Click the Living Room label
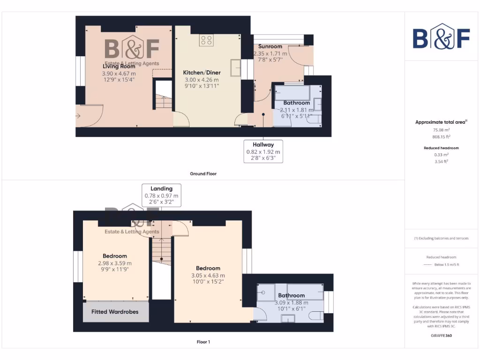point(119,67)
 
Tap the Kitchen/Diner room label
point(202,73)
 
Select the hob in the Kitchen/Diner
point(206,40)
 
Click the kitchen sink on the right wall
point(234,67)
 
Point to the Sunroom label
point(270,46)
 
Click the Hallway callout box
point(263,151)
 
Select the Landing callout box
point(161,195)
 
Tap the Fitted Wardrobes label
point(115,312)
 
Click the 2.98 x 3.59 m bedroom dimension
point(115,263)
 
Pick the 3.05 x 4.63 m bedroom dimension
point(208,275)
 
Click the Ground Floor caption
point(203,174)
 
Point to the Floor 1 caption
point(203,342)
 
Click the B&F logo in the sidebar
point(441,37)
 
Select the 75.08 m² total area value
point(441,129)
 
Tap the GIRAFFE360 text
point(441,336)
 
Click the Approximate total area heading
point(441,122)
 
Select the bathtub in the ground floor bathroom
point(291,92)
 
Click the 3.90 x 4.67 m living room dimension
point(119,74)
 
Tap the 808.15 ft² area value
point(441,137)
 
